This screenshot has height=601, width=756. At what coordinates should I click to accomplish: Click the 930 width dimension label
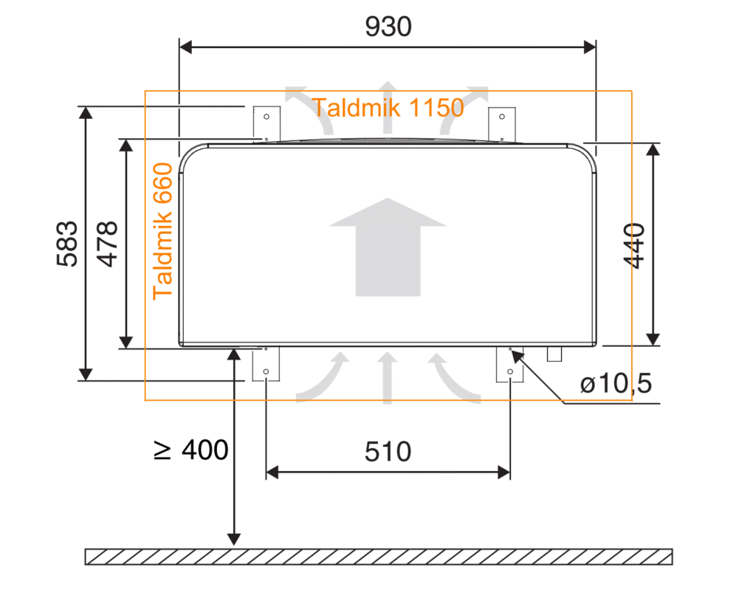click(388, 27)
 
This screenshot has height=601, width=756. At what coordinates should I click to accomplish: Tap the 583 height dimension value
click(67, 244)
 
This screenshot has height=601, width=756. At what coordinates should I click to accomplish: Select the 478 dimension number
click(107, 244)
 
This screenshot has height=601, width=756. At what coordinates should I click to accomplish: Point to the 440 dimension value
click(634, 246)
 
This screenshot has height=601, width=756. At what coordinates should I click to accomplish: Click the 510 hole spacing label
click(388, 452)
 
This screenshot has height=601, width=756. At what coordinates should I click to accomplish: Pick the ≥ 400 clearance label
click(191, 450)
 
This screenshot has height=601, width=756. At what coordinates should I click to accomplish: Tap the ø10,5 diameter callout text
click(616, 383)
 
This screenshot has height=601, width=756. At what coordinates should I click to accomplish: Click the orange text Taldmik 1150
click(388, 108)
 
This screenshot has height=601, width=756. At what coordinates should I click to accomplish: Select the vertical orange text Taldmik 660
click(162, 232)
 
